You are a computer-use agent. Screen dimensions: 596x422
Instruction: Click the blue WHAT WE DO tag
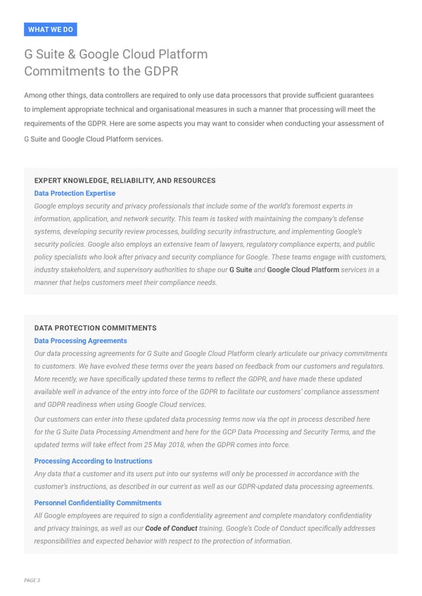50,30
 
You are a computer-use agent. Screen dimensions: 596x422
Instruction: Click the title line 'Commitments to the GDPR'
101,71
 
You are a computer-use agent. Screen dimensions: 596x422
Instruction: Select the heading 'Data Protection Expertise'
75,193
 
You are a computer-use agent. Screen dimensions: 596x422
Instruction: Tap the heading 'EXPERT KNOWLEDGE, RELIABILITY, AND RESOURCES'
124,181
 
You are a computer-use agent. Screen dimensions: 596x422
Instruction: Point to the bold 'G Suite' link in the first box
241,270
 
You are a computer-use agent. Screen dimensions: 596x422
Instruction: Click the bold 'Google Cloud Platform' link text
303,270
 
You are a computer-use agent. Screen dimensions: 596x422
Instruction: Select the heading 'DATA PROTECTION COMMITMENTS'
95,328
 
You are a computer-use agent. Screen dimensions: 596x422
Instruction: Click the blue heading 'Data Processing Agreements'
80,341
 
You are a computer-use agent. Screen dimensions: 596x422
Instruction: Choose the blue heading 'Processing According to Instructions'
93,461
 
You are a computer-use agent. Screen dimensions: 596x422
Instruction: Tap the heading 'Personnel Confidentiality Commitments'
98,503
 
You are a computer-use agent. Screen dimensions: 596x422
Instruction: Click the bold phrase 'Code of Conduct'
171,529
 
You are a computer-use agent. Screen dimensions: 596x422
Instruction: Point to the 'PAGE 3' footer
32,580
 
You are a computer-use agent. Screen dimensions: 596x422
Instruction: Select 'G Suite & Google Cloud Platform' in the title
116,55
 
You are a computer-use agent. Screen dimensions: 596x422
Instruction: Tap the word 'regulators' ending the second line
366,366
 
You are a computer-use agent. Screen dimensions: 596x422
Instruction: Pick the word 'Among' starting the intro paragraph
36,95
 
